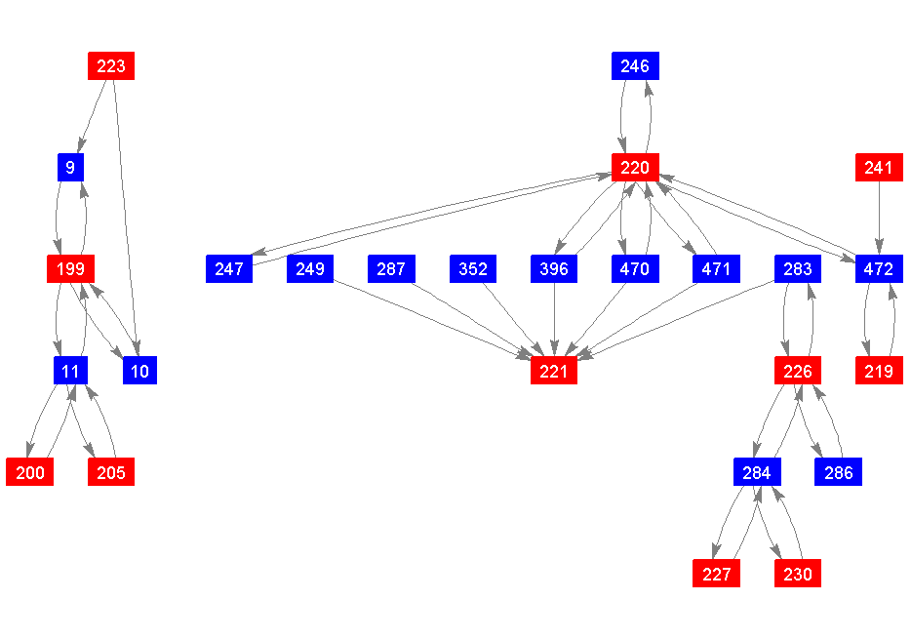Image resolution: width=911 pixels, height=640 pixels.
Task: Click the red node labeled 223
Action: pos(111,66)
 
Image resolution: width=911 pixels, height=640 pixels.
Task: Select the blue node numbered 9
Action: pos(70,168)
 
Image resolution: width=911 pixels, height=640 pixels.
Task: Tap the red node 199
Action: pos(70,268)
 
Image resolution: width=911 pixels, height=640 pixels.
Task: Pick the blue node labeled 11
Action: pos(70,371)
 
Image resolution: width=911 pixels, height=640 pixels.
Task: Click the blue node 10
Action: pos(139,371)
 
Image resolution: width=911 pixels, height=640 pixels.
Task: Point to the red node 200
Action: pos(30,472)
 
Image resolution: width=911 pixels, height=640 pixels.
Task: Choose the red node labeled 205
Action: pos(111,472)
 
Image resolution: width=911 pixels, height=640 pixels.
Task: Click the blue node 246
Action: pos(635,66)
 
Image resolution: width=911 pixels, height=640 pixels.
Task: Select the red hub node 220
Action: pos(635,168)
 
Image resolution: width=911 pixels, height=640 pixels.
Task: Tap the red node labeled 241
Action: pos(879,168)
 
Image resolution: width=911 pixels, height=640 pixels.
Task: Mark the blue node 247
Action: pos(229,268)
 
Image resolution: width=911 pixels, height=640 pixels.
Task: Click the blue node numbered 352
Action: pos(473,268)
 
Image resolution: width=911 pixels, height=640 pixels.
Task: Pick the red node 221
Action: pos(554,371)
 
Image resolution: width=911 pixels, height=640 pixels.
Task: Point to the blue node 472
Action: pos(879,268)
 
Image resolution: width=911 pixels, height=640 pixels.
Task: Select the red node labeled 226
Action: pos(798,371)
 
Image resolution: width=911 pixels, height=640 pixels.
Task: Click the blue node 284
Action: pos(757,472)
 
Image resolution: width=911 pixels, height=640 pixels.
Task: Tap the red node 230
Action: pos(798,574)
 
